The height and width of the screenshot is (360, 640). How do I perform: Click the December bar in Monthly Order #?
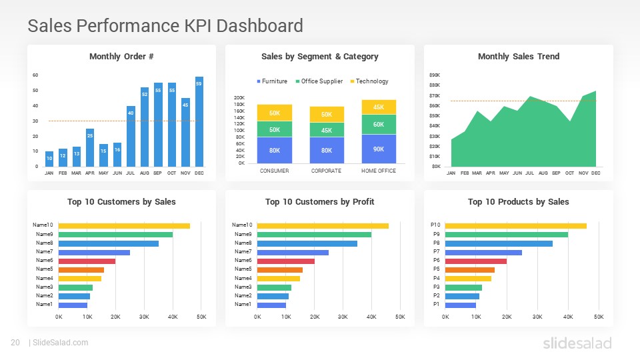click(x=199, y=121)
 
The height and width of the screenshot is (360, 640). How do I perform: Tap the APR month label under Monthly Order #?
click(x=90, y=173)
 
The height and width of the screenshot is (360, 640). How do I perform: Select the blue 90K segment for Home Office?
click(x=379, y=149)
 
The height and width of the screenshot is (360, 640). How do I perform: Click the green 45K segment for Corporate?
click(x=327, y=130)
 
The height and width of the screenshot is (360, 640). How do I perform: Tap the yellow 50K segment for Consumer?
click(x=274, y=113)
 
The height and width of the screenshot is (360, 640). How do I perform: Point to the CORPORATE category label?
click(x=327, y=171)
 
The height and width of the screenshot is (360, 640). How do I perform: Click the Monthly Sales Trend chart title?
click(x=518, y=57)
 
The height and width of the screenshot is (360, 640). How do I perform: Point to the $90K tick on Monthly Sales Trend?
click(x=435, y=75)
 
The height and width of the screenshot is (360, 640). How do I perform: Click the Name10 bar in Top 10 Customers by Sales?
click(x=124, y=226)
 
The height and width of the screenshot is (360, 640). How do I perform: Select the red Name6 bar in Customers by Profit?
click(x=285, y=261)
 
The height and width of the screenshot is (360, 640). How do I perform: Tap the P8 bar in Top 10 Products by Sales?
click(x=499, y=243)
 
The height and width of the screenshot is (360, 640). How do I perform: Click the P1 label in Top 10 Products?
click(x=436, y=304)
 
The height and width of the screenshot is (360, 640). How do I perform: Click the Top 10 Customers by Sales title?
click(x=121, y=202)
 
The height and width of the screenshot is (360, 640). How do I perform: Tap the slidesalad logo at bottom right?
click(x=577, y=343)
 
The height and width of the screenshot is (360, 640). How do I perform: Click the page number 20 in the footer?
click(x=15, y=343)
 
